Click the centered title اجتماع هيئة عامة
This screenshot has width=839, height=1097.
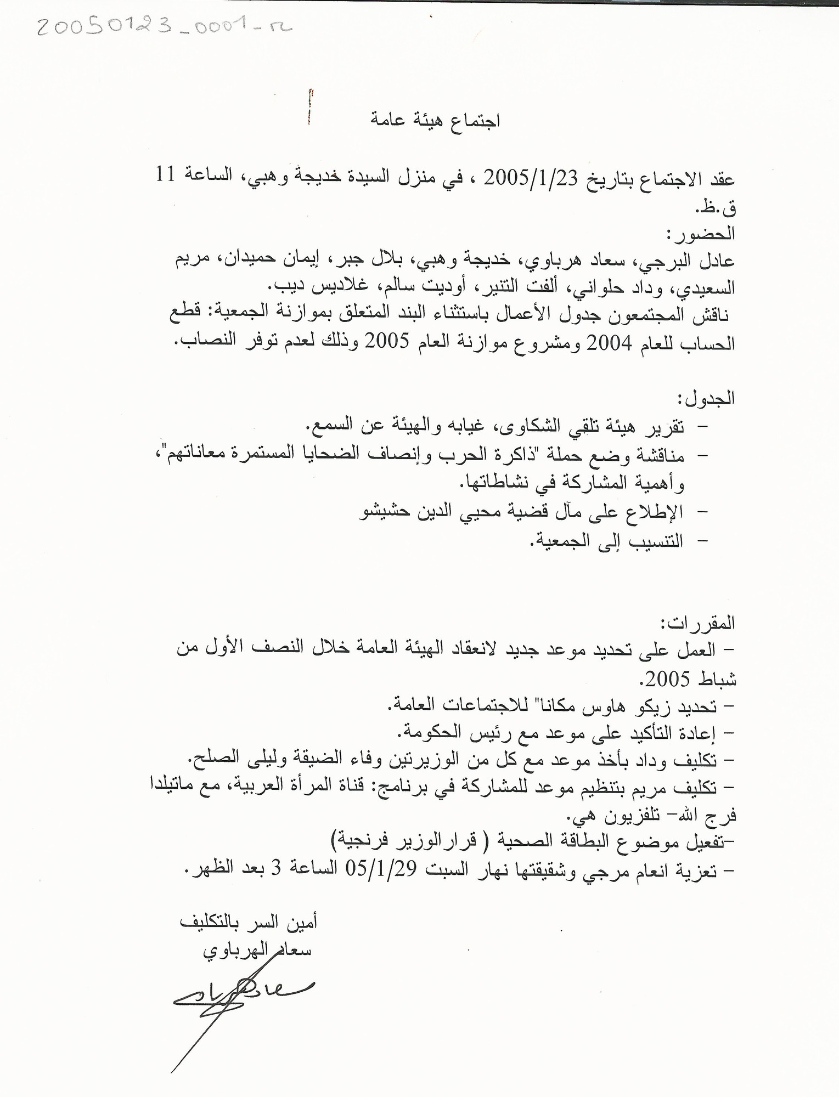point(435,120)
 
